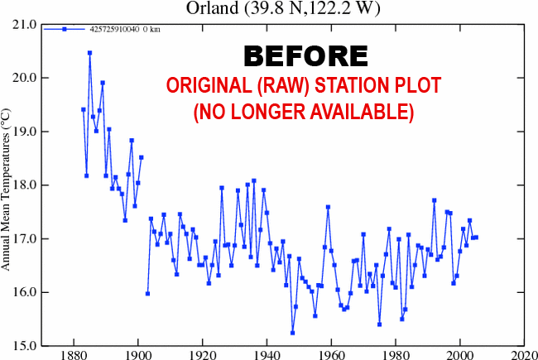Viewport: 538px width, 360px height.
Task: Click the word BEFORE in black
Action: point(305,55)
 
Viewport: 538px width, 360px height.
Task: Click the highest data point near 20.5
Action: point(89,53)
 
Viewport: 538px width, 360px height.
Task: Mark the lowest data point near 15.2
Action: point(292,333)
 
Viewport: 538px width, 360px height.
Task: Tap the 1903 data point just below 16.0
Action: point(147,294)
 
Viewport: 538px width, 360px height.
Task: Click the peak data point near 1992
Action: point(434,200)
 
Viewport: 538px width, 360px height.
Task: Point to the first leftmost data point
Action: point(83,109)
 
